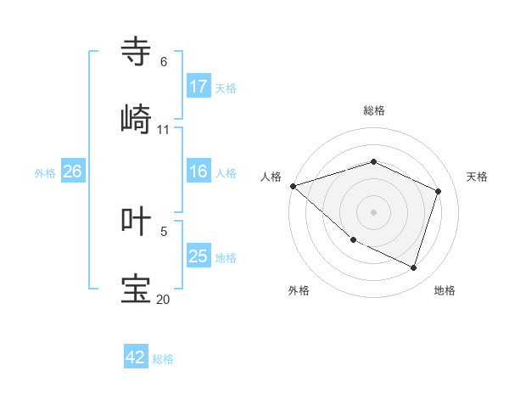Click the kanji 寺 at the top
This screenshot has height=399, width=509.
(x=137, y=52)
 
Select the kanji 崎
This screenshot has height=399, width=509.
(x=137, y=120)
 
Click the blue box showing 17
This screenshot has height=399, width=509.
(x=199, y=87)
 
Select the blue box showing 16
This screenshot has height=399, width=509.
(x=199, y=171)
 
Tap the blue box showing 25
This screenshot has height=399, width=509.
(x=199, y=256)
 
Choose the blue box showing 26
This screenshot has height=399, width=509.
(x=72, y=171)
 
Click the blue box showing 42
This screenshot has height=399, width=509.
(x=136, y=357)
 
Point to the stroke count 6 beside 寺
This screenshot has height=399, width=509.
(x=164, y=62)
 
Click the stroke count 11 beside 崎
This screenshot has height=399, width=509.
(x=164, y=130)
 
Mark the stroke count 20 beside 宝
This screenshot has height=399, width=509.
(x=164, y=299)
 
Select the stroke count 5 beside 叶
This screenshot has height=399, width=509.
(x=164, y=231)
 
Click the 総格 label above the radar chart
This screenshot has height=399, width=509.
(x=374, y=110)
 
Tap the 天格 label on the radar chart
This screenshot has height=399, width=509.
(x=478, y=177)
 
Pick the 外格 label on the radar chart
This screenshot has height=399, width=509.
(x=299, y=290)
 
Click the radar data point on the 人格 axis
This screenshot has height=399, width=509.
(x=293, y=186)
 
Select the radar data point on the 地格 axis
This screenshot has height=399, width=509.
(x=413, y=267)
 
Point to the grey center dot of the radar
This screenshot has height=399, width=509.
(x=373, y=212)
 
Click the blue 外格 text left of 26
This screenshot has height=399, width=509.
(x=45, y=172)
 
